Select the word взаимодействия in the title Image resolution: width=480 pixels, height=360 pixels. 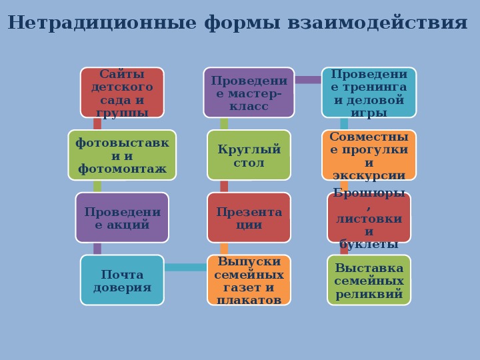pos(377,23)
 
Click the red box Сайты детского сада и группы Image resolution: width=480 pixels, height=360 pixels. pos(122,93)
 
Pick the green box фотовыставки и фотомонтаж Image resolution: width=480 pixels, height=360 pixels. pos(122,155)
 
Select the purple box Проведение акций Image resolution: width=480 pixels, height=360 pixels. pos(122,217)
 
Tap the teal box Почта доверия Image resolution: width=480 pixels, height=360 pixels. pos(122,280)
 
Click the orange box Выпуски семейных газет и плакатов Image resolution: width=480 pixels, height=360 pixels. pos(249,280)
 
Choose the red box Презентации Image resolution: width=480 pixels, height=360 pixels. pos(249,217)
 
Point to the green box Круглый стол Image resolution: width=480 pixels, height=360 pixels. pos(249,155)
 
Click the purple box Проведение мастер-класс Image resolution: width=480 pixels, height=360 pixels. pos(249,93)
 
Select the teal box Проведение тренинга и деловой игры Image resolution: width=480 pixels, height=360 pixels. pos(369,93)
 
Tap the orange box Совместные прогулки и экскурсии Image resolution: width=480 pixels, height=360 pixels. pos(369,155)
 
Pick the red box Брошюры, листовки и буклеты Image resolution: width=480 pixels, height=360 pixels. pos(369,217)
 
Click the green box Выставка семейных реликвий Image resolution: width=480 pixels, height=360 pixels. pos(369,280)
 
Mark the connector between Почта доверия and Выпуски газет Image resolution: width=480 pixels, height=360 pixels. pos(185,267)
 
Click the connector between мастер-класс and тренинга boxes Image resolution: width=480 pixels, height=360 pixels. pos(308,80)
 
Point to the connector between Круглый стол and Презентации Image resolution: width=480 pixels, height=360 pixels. pos(224,187)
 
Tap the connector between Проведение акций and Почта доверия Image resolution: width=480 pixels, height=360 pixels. pos(97,249)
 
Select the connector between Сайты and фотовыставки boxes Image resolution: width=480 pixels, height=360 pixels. pos(97,124)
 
